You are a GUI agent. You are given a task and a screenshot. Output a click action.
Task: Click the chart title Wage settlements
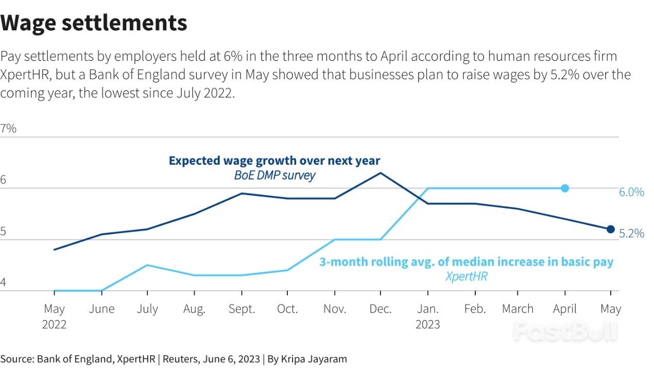pos(94,23)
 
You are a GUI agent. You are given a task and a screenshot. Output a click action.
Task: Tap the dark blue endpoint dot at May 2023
pos(611,229)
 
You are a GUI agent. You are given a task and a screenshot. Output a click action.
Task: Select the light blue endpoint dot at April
pos(565,188)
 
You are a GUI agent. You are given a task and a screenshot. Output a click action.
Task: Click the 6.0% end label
pos(631,192)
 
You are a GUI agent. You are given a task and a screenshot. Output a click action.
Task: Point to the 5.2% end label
pos(631,234)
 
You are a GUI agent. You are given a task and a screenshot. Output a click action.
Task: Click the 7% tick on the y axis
pos(9,129)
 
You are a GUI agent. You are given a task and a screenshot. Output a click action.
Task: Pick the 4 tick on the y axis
pos(4,283)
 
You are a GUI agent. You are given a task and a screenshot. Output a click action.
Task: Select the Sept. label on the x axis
pos(242,309)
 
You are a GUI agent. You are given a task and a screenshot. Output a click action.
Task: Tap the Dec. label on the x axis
pos(381,309)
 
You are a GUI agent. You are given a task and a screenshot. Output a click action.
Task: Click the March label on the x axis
pos(518,309)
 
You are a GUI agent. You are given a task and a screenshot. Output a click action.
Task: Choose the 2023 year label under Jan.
pos(427,325)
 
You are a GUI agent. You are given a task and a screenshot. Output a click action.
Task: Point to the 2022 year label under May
pos(54,325)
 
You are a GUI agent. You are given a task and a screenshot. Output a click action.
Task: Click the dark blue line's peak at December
pos(381,173)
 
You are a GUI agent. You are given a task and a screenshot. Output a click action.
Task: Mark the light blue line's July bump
pos(148,265)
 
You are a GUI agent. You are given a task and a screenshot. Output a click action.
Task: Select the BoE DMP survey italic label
pos(274,176)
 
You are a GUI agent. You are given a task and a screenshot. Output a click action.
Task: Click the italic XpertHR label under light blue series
pos(466,276)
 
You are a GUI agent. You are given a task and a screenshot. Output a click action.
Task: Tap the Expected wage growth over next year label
pos(274,161)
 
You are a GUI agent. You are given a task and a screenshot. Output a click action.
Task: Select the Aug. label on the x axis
pos(194,309)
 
